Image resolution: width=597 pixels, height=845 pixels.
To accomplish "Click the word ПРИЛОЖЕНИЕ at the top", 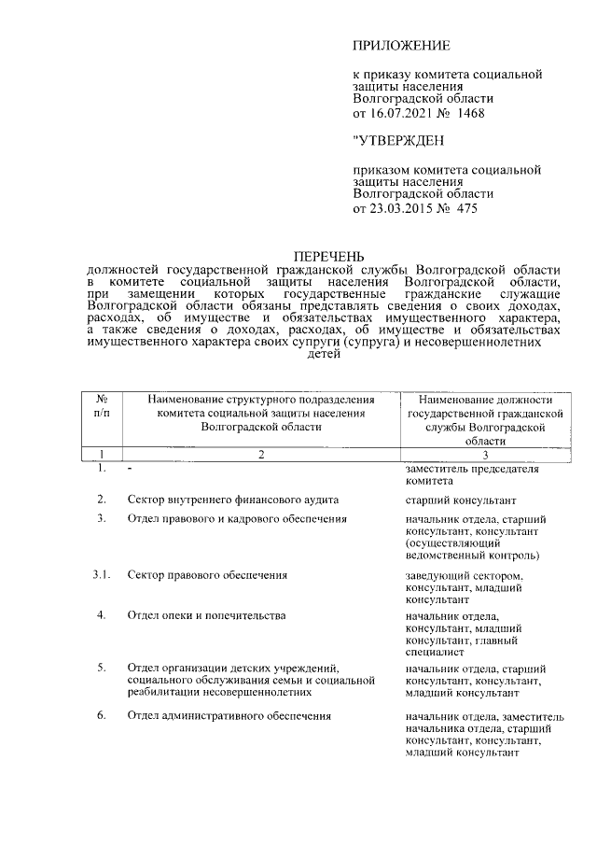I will pos(401,45).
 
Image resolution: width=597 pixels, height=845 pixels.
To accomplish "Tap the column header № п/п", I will pos(102,407).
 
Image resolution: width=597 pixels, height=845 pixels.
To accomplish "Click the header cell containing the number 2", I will pos(260,454).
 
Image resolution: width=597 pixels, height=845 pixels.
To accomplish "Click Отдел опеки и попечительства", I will pos(206,616).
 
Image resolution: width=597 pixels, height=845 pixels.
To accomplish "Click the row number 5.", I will pos(102,669).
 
